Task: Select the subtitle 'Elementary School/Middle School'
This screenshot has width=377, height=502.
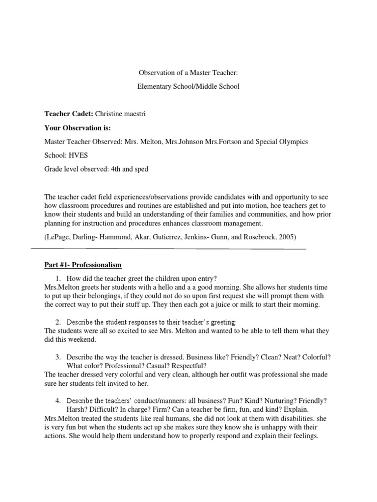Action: [x=188, y=86]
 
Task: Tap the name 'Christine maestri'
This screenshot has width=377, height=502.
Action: [x=121, y=114]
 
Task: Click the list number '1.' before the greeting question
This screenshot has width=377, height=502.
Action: [x=58, y=278]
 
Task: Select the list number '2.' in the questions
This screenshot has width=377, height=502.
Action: [x=58, y=322]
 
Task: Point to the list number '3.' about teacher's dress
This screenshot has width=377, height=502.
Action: [x=58, y=357]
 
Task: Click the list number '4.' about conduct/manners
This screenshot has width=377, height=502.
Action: [x=58, y=401]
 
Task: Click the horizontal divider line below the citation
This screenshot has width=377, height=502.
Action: [x=168, y=249]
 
